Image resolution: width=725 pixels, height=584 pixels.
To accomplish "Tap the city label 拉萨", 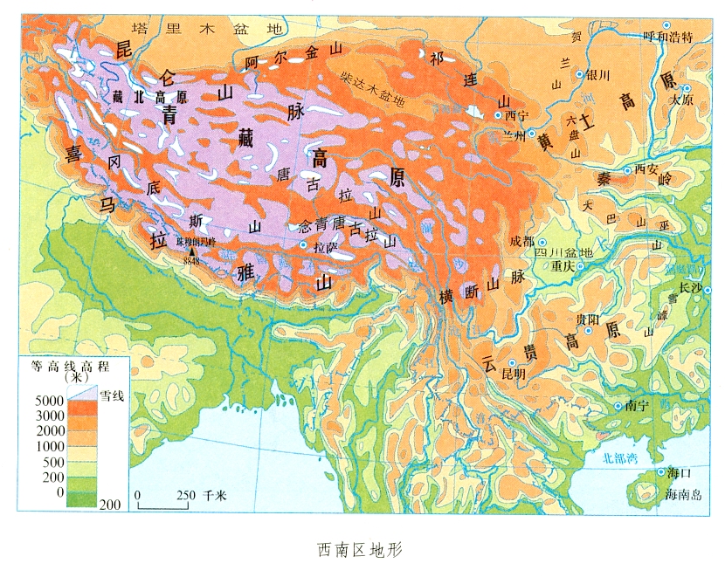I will [325, 248].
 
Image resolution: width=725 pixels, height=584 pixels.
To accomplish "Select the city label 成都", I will [521, 241].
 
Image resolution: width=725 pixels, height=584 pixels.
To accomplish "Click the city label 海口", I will [679, 473].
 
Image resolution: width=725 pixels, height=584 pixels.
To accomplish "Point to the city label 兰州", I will [505, 135].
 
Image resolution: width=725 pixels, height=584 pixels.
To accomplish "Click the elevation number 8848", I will [191, 260].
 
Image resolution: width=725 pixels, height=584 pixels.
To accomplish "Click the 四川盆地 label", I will [563, 253].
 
